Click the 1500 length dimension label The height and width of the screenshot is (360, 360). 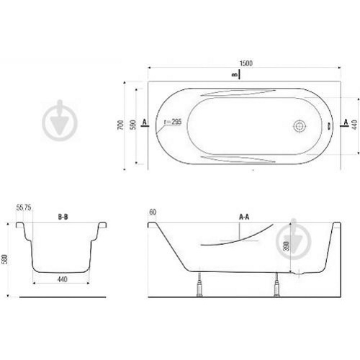pos(246,63)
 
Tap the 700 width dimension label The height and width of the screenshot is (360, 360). pos(120,125)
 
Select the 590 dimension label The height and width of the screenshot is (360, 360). pos(132,125)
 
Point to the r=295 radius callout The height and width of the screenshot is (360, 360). pos(173,122)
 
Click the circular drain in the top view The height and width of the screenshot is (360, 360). pos(300,126)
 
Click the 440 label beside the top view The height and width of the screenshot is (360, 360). pos(354,125)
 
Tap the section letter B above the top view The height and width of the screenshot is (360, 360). pos(235,75)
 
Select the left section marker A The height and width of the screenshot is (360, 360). pos(144,122)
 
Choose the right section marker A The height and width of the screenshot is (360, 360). pos(346,122)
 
